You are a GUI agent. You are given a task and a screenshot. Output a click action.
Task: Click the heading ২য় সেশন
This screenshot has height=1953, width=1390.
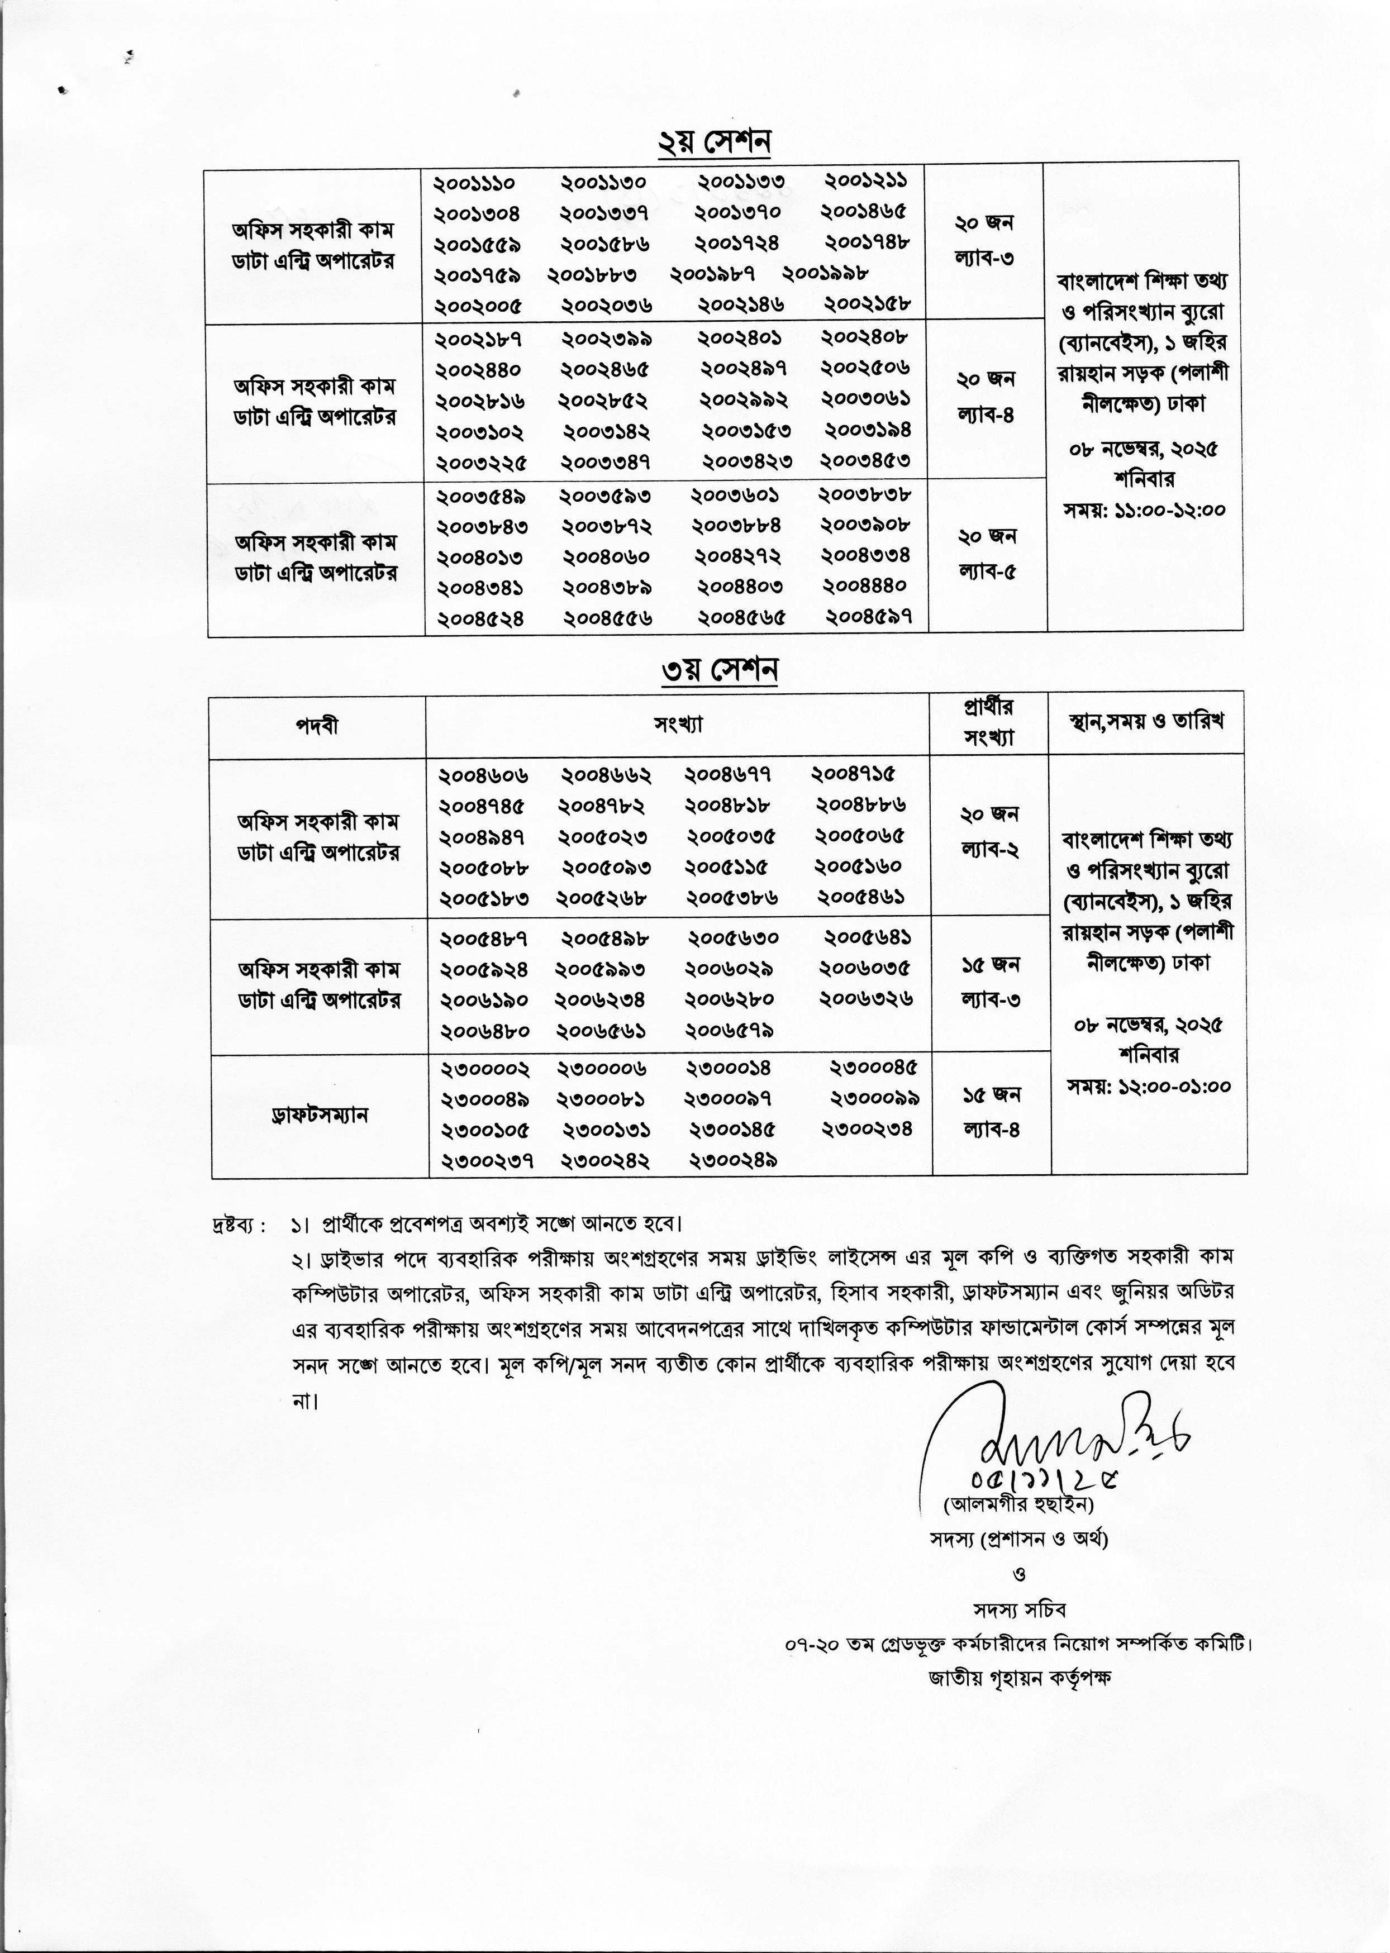point(714,142)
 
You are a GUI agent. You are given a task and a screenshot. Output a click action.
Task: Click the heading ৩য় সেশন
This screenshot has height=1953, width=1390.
point(719,670)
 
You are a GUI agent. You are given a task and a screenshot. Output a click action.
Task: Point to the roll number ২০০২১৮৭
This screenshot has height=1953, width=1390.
point(478,340)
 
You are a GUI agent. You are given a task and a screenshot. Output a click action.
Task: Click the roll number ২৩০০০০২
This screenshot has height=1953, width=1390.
point(485,1070)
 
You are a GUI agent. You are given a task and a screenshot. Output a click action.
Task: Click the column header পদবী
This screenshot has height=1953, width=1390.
point(317,726)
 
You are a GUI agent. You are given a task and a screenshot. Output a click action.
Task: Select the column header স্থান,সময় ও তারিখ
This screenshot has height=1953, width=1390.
point(1147,721)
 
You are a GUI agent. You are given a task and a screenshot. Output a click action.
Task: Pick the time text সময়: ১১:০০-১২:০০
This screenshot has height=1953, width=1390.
point(1144,510)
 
